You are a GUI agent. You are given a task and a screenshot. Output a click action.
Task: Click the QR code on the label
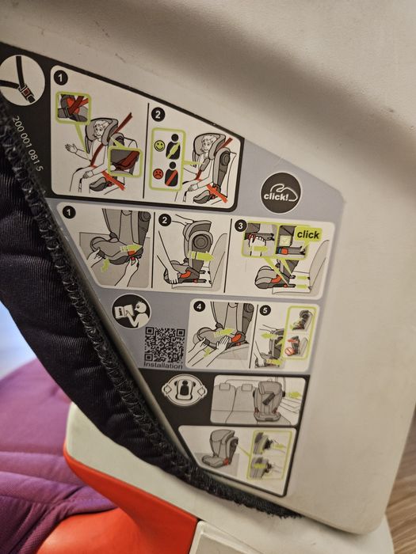pyautogui.click(x=165, y=343)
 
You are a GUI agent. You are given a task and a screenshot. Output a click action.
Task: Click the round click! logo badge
pyautogui.click(x=281, y=193)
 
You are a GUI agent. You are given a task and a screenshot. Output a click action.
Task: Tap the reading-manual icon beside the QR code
pyautogui.click(x=130, y=312)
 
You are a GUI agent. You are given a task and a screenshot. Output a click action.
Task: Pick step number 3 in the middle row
pyautogui.click(x=239, y=224)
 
